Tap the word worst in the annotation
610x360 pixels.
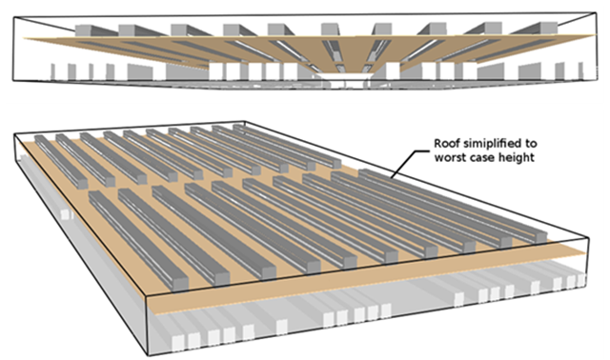tap(449, 157)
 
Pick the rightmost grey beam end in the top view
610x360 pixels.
tap(548, 28)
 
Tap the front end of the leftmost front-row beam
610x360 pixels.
tap(178, 284)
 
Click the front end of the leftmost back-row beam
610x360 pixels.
tap(82, 184)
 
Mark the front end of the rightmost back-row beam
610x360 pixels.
tap(335, 164)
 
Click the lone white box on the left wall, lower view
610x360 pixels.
tap(67, 214)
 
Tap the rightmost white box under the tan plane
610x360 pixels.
tap(581, 280)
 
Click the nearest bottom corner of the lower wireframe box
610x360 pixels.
tap(148, 355)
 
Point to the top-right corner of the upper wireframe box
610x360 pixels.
tap(596, 12)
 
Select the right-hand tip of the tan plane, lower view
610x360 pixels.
tap(585, 253)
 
